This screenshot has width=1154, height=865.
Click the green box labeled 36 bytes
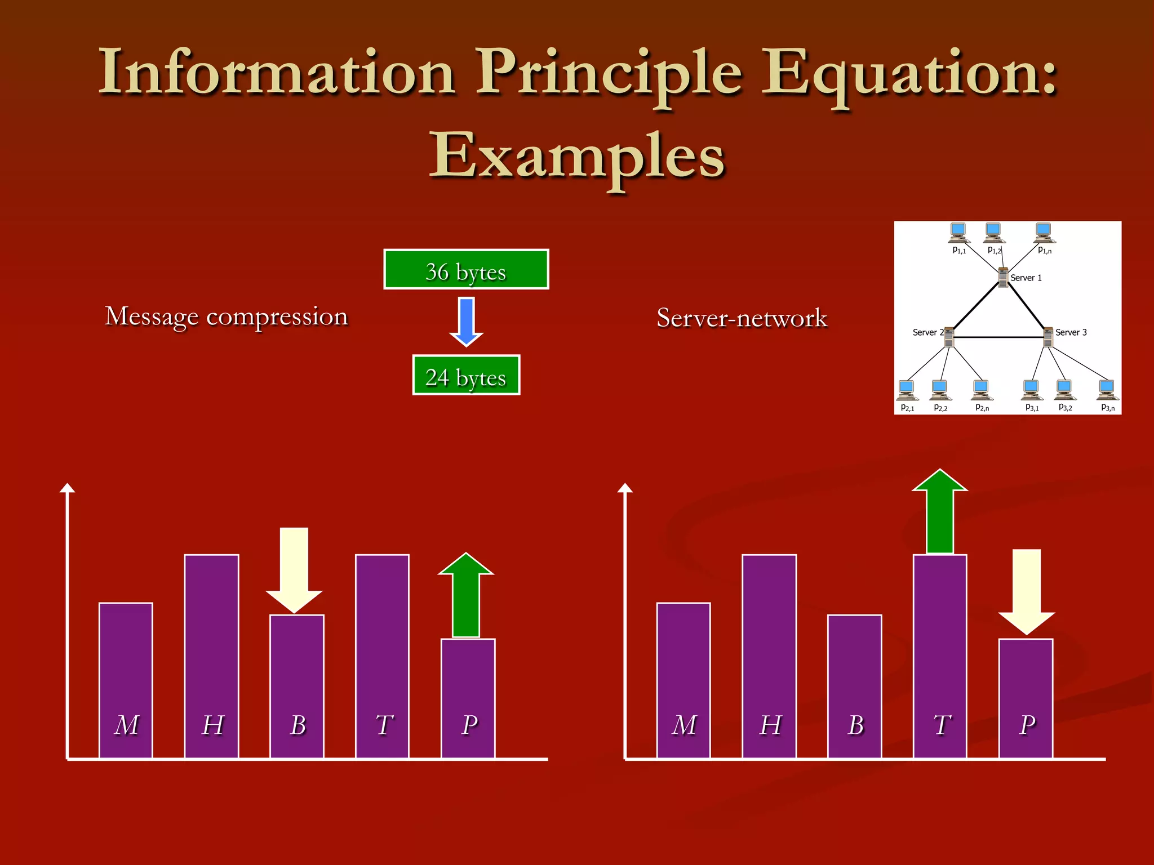[466, 270]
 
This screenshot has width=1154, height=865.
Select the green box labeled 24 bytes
[466, 376]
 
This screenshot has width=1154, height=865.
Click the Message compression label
[227, 316]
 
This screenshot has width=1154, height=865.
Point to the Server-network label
[742, 318]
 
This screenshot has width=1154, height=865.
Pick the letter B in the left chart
[298, 725]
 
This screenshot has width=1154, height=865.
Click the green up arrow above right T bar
[940, 511]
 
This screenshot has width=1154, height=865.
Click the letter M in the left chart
[126, 725]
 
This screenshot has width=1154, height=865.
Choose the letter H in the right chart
[770, 725]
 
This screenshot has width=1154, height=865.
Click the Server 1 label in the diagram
[1026, 278]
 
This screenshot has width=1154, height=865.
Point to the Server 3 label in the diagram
[1071, 332]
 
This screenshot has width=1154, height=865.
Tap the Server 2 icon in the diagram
[949, 337]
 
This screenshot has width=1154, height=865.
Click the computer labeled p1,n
[1043, 231]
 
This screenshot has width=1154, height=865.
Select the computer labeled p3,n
[1107, 389]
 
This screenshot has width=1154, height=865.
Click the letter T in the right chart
[941, 725]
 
